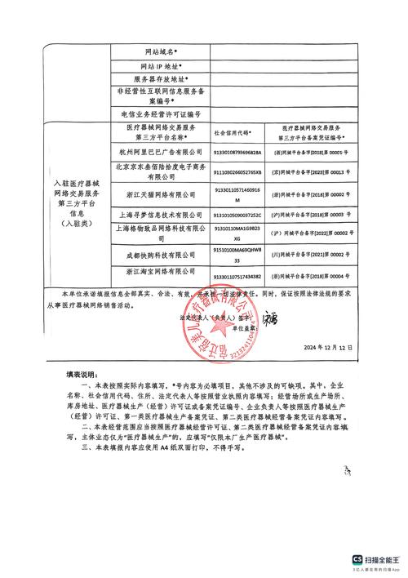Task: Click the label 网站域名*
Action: (162, 51)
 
